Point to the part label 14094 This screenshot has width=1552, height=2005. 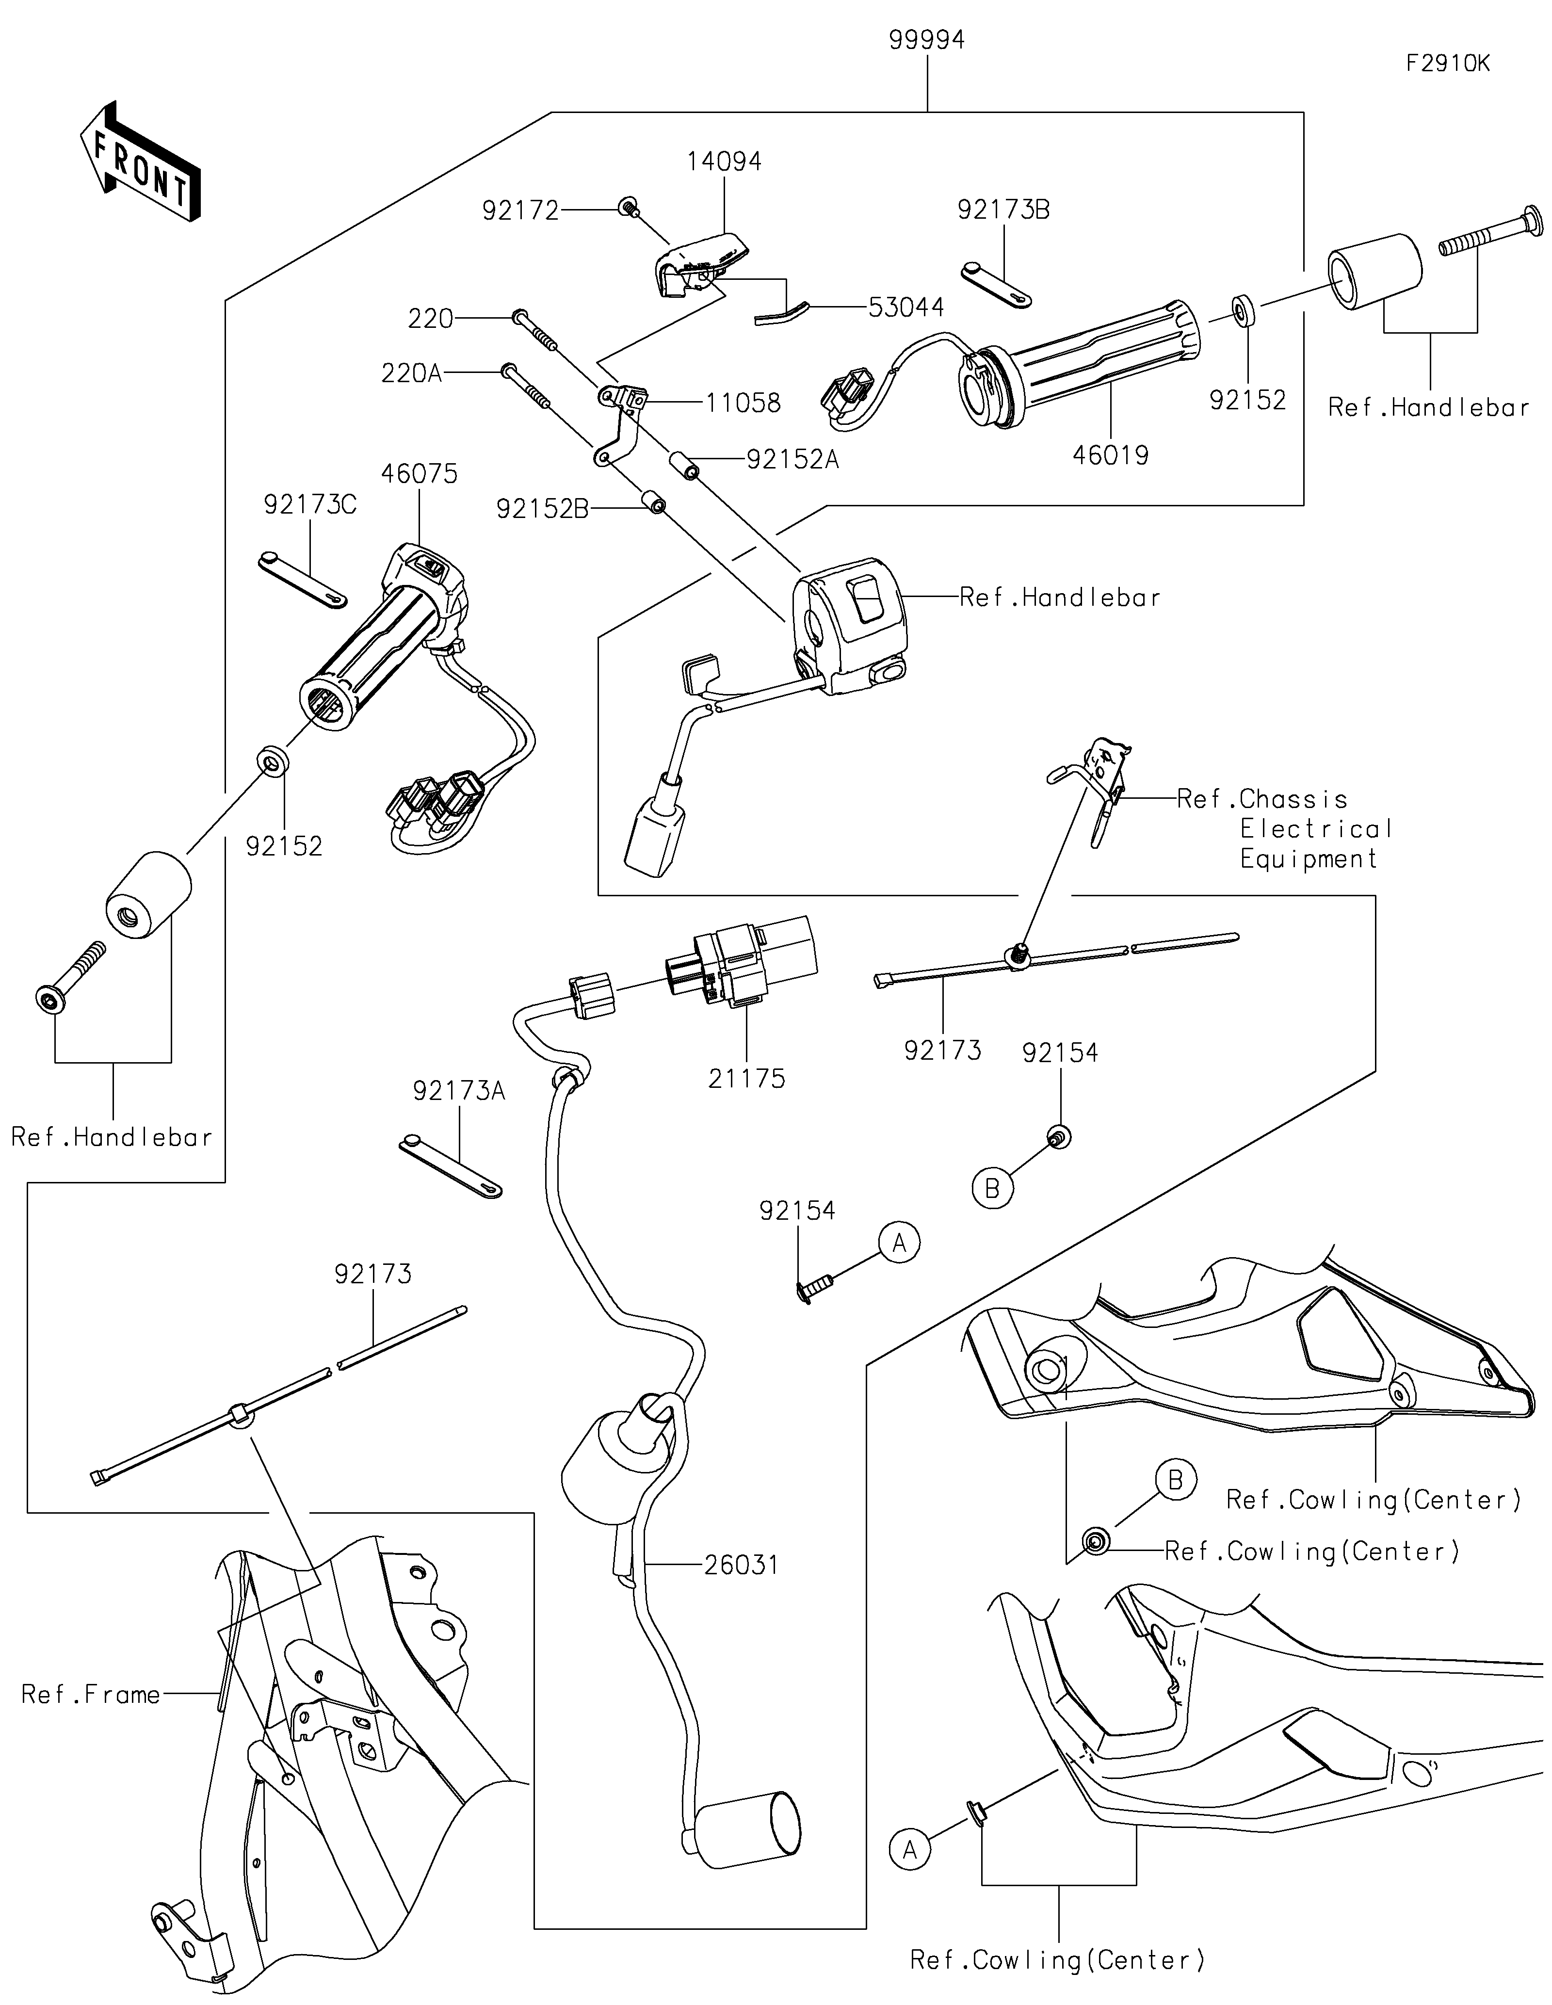click(x=724, y=162)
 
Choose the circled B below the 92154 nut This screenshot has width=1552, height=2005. click(x=992, y=1189)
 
